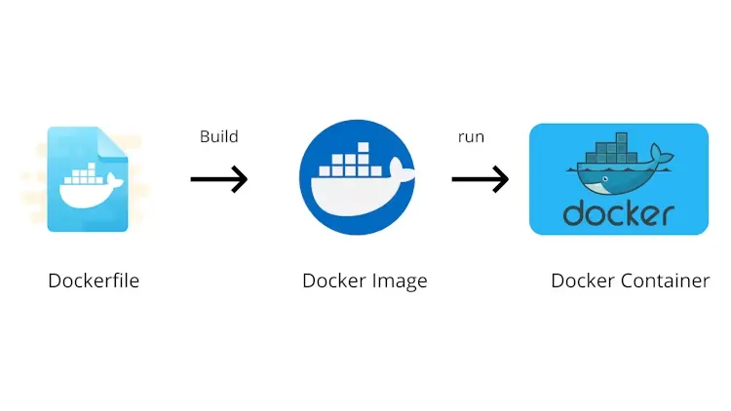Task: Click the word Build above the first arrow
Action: click(218, 136)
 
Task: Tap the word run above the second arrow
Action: click(471, 137)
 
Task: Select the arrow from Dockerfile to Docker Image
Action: click(218, 179)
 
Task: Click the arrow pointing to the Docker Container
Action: click(480, 179)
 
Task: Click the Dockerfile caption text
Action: click(94, 281)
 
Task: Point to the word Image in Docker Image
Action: click(400, 282)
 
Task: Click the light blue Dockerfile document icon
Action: click(87, 179)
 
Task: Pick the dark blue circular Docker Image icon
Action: click(357, 179)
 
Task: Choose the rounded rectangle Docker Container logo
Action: click(618, 179)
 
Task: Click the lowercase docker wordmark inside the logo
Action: click(618, 212)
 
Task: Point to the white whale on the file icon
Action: click(87, 190)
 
